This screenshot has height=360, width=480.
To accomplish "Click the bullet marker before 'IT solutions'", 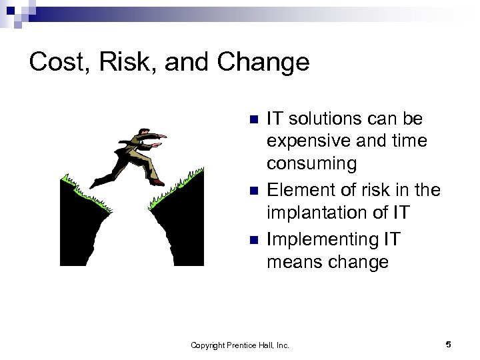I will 252,120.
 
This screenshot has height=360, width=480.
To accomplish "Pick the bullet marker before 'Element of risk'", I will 252,191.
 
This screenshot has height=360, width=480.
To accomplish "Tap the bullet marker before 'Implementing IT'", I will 252,239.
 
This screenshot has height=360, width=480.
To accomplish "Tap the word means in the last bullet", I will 296,262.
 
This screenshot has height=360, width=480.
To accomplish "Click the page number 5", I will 448,344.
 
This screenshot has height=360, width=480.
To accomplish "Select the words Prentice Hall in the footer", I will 251,345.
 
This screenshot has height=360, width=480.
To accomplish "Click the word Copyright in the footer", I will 208,345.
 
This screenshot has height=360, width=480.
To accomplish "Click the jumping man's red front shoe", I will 157,181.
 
